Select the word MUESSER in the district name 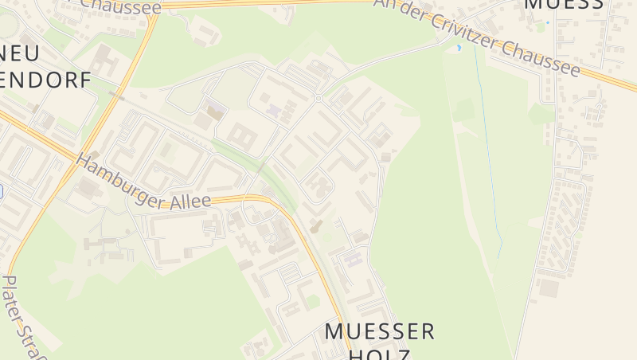[x=381, y=331]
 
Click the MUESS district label [x=563, y=5]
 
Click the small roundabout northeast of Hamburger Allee [x=318, y=98]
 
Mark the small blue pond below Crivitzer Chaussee [x=459, y=48]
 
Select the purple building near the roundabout [x=274, y=110]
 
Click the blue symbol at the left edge [x=2, y=191]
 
